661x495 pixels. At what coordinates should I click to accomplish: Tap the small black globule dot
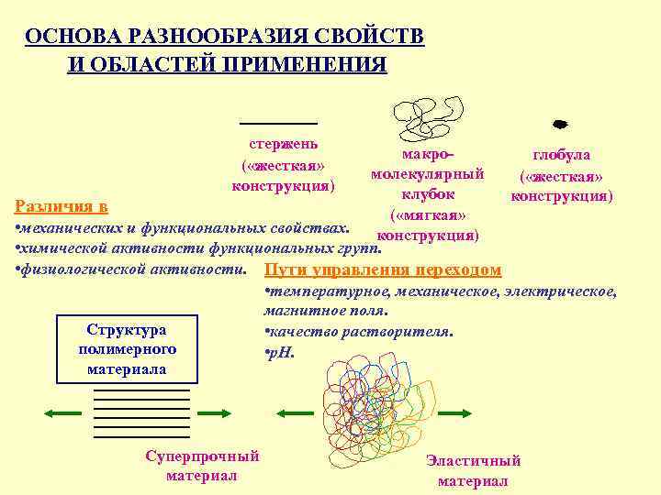[558, 122]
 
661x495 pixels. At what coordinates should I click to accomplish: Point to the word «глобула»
[562, 155]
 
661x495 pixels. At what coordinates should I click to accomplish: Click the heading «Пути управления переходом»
[382, 269]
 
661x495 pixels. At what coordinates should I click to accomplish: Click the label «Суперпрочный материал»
[202, 466]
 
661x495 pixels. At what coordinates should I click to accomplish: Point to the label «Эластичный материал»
[473, 471]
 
